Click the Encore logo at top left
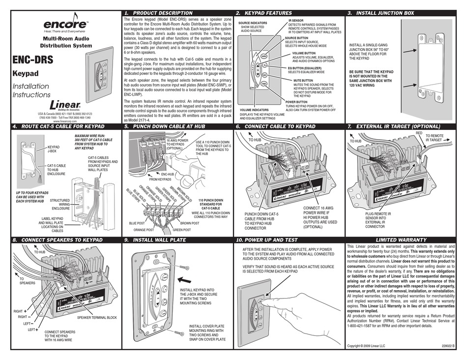(x=66, y=25)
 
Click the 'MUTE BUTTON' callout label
(x=303, y=80)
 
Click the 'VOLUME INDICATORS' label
(x=254, y=110)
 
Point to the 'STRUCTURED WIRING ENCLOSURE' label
(x=60, y=204)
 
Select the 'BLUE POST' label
(x=138, y=223)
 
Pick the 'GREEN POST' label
(x=182, y=230)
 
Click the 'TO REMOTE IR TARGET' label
(x=434, y=138)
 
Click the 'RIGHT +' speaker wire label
(x=19, y=311)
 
